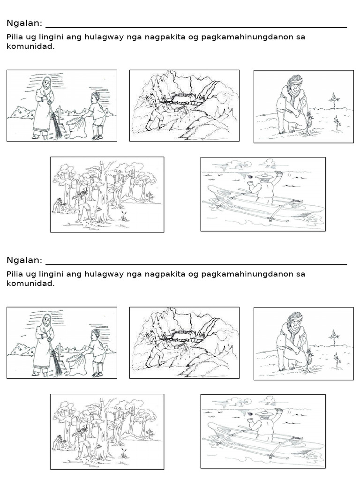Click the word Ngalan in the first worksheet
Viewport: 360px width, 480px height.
click(x=24, y=23)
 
